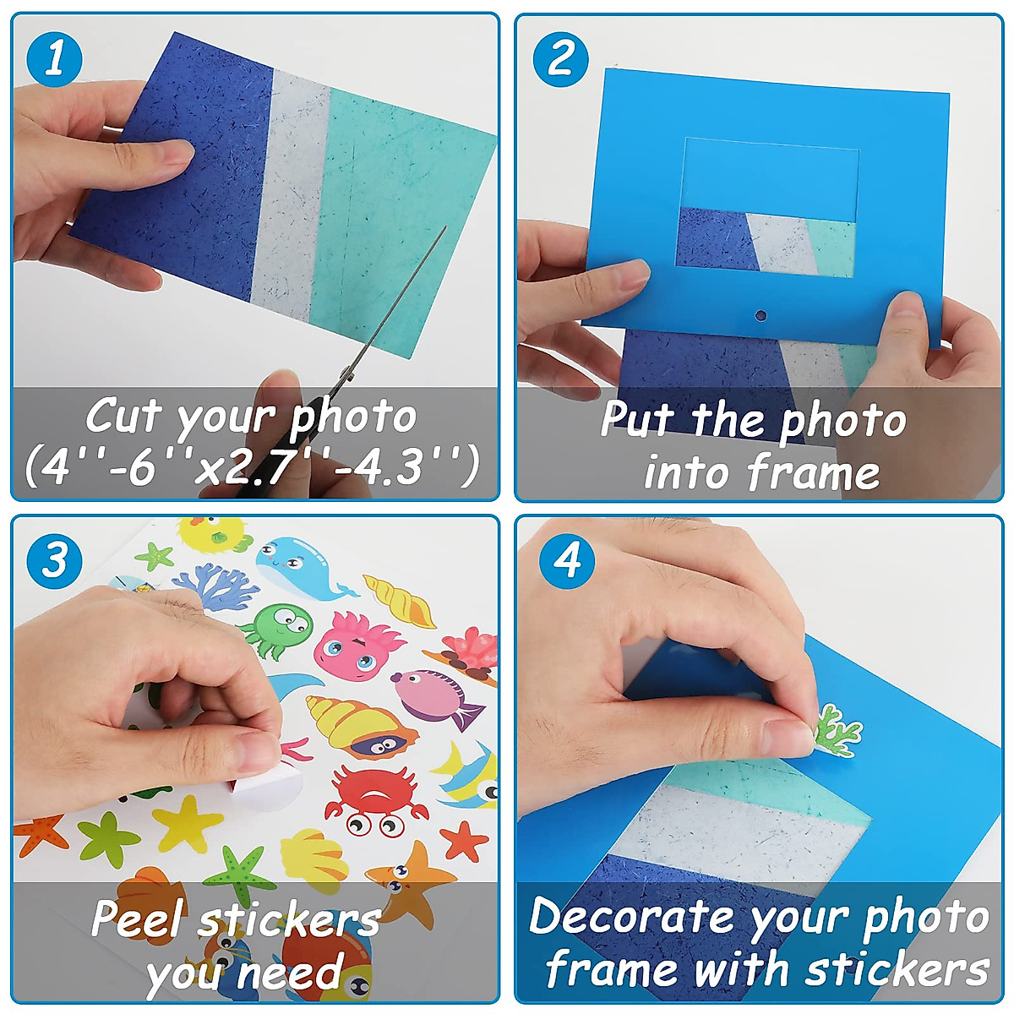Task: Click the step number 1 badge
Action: [54, 59]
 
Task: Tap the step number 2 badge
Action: [560, 59]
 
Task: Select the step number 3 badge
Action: [54, 559]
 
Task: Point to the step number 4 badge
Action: [566, 559]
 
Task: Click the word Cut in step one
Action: [123, 416]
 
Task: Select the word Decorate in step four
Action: [632, 917]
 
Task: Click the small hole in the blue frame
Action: [760, 316]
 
